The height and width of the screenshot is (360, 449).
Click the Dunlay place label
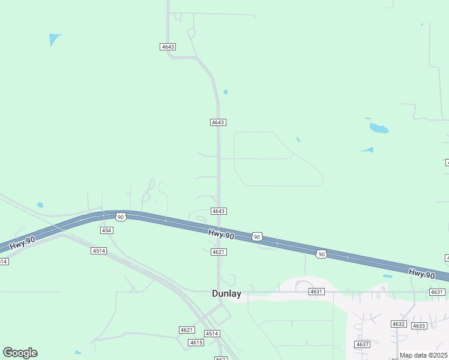pyautogui.click(x=226, y=293)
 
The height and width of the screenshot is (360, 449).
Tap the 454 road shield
pyautogui.click(x=107, y=230)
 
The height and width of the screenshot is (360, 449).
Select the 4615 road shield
pyautogui.click(x=196, y=343)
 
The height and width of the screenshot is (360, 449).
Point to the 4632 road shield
pyautogui.click(x=399, y=324)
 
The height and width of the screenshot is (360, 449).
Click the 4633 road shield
pyautogui.click(x=419, y=326)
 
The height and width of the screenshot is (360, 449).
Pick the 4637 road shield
pyautogui.click(x=362, y=344)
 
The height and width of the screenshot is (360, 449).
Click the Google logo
pyautogui.click(x=20, y=353)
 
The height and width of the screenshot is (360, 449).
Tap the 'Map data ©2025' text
pyautogui.click(x=423, y=355)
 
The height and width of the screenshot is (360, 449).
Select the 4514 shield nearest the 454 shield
pyautogui.click(x=99, y=250)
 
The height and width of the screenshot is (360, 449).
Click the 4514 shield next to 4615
pyautogui.click(x=211, y=334)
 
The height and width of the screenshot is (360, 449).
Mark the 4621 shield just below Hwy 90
pyautogui.click(x=218, y=252)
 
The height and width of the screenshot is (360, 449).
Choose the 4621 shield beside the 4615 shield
pyautogui.click(x=187, y=330)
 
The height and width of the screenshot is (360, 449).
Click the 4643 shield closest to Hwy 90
pyautogui.click(x=218, y=211)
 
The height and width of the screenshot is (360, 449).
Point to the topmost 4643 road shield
pyautogui.click(x=168, y=47)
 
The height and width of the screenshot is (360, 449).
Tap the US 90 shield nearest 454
pyautogui.click(x=121, y=217)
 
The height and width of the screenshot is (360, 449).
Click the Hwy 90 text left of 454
pyautogui.click(x=23, y=242)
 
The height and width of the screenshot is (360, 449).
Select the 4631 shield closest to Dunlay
pyautogui.click(x=316, y=292)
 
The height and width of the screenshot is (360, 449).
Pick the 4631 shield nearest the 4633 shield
pyautogui.click(x=436, y=292)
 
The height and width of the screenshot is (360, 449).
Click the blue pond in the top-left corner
pyautogui.click(x=55, y=40)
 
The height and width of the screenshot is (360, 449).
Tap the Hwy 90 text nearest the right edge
pyautogui.click(x=421, y=274)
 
